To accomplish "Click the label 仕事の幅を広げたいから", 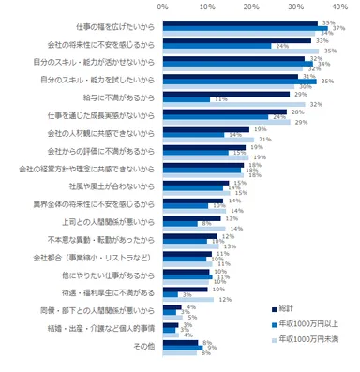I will pyautogui.click(x=97, y=27).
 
